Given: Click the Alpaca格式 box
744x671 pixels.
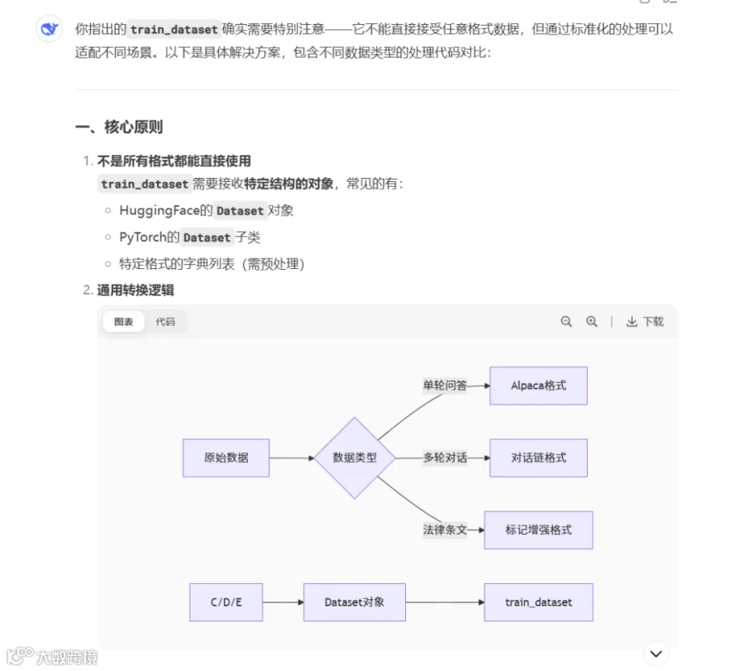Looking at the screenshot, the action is (x=538, y=386).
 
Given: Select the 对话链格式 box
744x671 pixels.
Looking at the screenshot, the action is (x=538, y=458).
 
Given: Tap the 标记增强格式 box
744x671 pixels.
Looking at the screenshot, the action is (x=538, y=530).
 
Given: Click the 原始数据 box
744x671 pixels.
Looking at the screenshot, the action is (x=226, y=458).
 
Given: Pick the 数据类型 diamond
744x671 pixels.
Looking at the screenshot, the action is (x=355, y=458).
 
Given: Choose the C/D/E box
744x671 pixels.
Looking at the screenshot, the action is (x=226, y=602).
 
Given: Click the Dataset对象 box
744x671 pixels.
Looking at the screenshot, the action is (x=355, y=602).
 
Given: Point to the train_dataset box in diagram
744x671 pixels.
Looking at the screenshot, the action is (x=538, y=602).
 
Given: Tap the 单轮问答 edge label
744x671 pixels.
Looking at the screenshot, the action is (x=445, y=385).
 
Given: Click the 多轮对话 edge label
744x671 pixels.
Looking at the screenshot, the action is (x=445, y=458).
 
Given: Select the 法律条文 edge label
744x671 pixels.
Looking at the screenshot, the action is (x=445, y=530).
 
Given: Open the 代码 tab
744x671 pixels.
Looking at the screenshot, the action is (x=165, y=322).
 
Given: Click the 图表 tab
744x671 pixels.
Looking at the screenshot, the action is (x=123, y=322).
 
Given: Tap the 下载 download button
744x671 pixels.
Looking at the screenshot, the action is (x=645, y=322).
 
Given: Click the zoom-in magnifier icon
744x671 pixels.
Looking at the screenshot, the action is (x=592, y=322).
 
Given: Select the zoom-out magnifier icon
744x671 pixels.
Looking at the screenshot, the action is (x=566, y=322).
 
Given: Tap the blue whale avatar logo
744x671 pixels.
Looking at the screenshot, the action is (x=50, y=29).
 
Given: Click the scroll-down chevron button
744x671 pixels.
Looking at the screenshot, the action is (x=656, y=654).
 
